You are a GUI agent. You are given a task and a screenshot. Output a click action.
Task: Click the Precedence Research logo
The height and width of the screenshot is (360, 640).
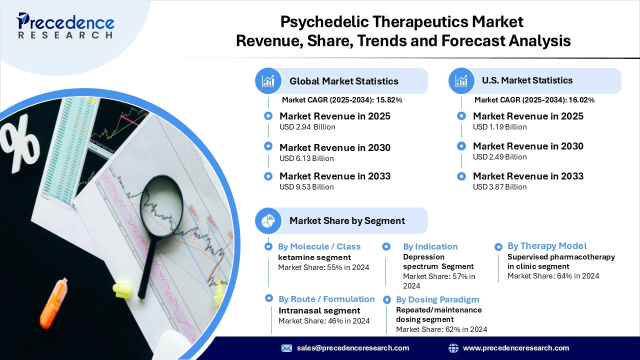point(65,25)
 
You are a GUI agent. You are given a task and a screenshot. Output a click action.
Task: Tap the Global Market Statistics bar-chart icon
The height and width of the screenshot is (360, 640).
point(268,81)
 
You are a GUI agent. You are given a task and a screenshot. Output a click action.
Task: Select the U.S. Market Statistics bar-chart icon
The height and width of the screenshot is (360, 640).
point(461,81)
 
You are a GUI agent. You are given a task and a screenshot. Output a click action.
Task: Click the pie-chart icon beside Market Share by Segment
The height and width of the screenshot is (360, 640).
point(268,221)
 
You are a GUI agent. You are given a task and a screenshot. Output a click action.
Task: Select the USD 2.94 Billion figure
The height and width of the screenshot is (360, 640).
point(307,127)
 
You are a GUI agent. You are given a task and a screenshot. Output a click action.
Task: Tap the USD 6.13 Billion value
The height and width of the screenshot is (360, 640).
point(306,158)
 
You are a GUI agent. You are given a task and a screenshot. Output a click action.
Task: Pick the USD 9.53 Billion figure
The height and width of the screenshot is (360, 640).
point(306,187)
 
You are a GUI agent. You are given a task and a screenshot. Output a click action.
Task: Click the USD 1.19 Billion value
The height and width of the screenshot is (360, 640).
point(499,127)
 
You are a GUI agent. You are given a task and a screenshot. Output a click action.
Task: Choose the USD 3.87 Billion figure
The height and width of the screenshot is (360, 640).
point(499,187)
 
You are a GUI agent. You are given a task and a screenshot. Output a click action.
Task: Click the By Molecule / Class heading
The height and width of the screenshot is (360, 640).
point(319,246)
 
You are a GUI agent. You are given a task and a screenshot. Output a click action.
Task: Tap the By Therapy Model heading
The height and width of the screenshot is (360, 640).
point(547,245)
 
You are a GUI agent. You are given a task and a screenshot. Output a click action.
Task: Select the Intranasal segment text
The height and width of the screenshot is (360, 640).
point(319,310)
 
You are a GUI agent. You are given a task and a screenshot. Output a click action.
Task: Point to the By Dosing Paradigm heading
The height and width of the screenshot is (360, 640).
point(437,299)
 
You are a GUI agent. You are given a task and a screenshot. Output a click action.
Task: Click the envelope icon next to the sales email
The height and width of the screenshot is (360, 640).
point(286,348)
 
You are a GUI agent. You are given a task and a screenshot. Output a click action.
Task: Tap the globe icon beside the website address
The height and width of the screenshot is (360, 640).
point(453,348)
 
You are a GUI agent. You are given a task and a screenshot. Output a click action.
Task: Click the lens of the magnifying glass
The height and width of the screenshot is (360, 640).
point(161,205)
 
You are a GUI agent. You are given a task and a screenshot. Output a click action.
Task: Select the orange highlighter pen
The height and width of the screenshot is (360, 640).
point(53,303)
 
